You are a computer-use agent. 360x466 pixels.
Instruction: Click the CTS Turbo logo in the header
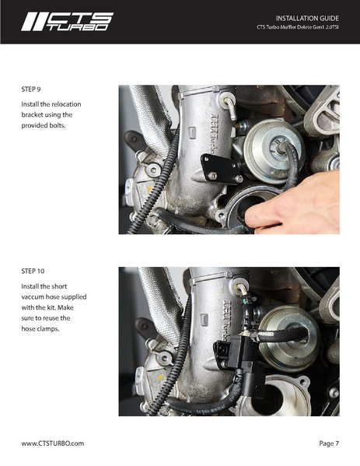(67, 22)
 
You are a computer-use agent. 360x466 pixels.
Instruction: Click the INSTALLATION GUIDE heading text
(307, 19)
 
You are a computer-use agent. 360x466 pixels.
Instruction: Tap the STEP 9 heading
(31, 89)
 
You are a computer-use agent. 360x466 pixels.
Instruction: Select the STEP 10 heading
(33, 271)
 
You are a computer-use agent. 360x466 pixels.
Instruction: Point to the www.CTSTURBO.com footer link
(53, 443)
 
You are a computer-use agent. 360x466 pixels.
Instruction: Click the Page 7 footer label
(329, 443)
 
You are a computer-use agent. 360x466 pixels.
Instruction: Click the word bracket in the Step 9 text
(32, 114)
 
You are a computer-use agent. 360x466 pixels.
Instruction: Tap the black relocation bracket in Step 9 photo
(221, 169)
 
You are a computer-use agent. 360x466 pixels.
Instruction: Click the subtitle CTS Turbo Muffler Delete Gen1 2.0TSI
(298, 27)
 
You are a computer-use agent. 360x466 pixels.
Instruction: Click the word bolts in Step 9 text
(58, 125)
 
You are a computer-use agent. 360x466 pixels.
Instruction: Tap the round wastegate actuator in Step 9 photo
(273, 151)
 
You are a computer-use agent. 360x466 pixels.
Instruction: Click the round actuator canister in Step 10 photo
(288, 338)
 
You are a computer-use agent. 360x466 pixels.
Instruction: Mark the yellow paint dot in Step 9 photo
(149, 188)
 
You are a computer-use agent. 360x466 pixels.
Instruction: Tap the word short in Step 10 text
(59, 286)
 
